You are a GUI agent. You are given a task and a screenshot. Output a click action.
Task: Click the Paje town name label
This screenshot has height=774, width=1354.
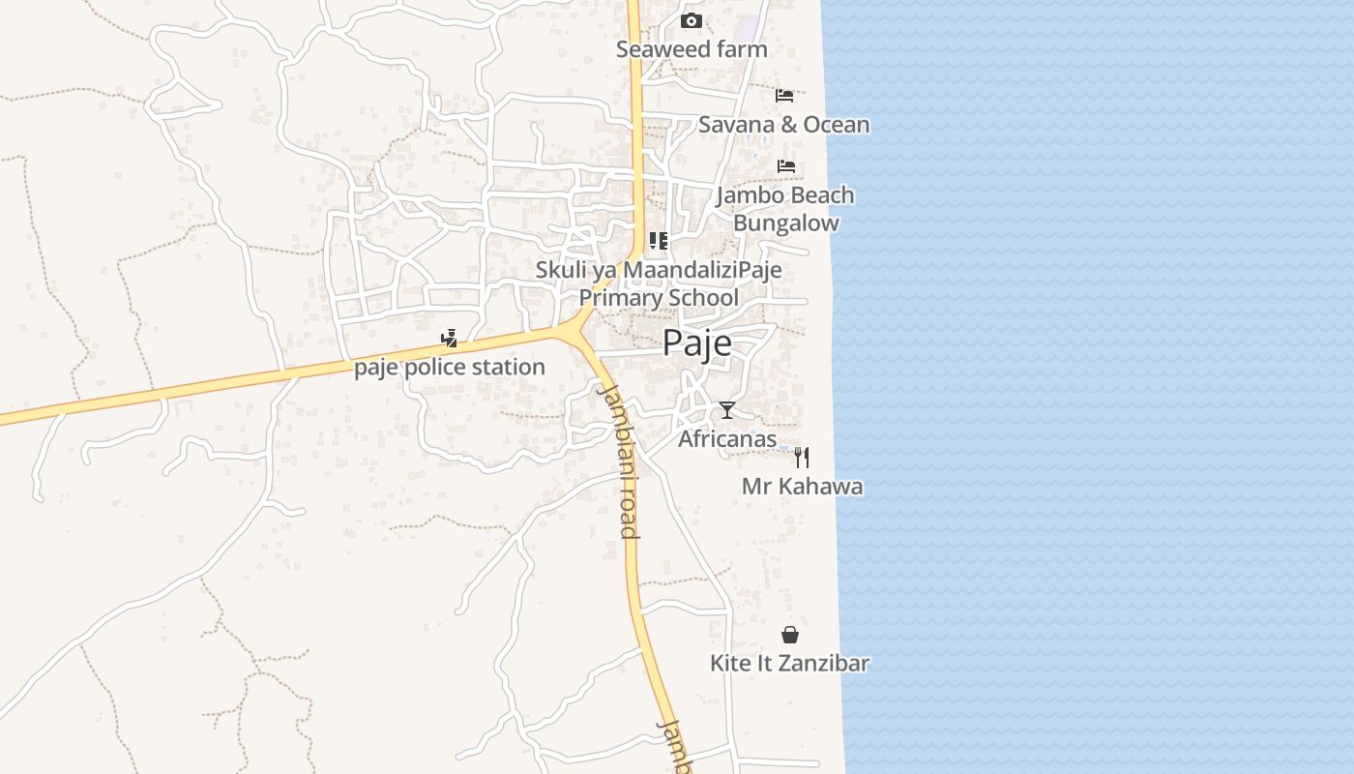point(696,343)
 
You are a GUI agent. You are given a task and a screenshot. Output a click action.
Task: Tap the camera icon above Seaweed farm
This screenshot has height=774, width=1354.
point(692,20)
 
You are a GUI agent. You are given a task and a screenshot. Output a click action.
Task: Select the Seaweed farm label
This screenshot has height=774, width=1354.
point(692,49)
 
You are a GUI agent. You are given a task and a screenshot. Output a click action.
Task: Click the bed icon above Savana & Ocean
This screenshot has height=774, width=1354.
point(784,95)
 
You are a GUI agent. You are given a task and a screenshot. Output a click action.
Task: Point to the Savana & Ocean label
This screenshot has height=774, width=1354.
point(783,125)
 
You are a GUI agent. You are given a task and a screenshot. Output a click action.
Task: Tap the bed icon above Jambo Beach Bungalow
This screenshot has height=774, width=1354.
point(785,166)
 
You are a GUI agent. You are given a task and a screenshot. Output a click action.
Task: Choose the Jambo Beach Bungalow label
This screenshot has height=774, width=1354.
point(785,209)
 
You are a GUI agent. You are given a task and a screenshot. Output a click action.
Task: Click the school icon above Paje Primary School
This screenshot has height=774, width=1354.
point(658,241)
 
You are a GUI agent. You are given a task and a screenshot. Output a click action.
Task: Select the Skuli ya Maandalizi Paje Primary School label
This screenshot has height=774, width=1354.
point(659,283)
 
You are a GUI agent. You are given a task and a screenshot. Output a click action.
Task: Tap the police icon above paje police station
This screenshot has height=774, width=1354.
point(449,339)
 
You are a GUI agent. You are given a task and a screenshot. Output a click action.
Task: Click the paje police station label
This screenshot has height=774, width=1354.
point(450,368)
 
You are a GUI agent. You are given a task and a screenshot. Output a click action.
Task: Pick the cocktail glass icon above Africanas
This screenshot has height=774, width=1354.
point(727,410)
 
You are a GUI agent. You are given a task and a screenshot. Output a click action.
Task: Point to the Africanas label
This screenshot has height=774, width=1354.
point(727,439)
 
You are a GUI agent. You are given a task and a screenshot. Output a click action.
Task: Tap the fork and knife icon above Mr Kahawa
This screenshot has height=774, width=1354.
point(802,457)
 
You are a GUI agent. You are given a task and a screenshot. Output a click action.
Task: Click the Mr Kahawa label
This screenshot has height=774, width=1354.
point(802,486)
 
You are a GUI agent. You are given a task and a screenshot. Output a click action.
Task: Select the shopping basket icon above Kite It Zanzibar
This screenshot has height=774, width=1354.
point(790,635)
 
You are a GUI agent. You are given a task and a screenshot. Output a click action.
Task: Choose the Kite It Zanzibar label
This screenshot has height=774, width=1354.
point(789,664)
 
